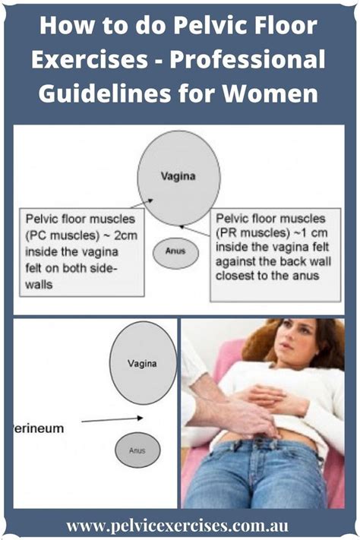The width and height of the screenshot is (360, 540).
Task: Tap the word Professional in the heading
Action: [x=248, y=59]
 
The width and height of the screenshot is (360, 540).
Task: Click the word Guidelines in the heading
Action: [x=104, y=93]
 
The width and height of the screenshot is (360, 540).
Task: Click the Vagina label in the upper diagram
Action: [x=178, y=176]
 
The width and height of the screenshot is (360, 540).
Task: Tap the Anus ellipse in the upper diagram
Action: [x=175, y=253]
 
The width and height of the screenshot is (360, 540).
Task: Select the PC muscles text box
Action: [x=82, y=251]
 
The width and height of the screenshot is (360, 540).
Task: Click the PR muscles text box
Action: [x=276, y=255]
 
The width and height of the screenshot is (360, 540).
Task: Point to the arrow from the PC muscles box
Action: [x=141, y=204]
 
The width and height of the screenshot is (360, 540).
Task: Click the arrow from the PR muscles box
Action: [x=194, y=231]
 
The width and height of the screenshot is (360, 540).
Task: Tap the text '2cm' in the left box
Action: [x=125, y=236]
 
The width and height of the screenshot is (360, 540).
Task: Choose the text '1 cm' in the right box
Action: [x=313, y=233]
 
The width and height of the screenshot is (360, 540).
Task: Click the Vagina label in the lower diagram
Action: [x=142, y=363]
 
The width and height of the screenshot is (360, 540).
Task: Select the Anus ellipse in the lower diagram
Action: [x=137, y=450]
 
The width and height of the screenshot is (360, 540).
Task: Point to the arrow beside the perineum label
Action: [x=112, y=419]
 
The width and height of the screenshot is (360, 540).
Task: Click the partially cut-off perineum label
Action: [x=39, y=428]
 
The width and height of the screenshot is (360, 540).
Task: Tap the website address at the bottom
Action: [x=177, y=526]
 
